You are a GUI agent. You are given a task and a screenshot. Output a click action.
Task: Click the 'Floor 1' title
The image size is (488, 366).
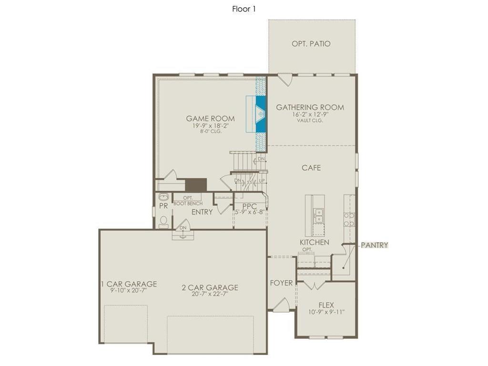click(244, 9)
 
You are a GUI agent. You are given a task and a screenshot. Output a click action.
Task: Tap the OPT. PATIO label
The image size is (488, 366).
click(311, 44)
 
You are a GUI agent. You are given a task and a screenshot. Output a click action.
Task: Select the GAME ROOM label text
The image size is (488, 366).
click(210, 119)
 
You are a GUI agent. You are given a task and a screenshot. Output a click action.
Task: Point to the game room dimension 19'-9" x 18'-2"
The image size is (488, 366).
click(210, 126)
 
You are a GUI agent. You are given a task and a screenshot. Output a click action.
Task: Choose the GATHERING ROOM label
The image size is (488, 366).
click(310, 107)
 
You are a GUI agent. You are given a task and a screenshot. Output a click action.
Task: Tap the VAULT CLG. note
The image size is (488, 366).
click(310, 121)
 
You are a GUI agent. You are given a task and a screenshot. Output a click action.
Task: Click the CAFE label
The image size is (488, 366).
click(311, 168)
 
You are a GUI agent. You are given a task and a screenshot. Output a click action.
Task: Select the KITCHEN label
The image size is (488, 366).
click(314, 242)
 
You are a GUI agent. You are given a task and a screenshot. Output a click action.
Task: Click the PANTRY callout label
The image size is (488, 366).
click(374, 245)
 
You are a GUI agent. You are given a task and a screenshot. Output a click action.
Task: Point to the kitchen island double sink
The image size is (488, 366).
click(317, 215)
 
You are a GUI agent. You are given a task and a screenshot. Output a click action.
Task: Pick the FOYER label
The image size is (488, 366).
click(281, 283)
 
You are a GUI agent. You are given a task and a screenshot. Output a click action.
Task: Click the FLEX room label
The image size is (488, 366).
click(326, 305)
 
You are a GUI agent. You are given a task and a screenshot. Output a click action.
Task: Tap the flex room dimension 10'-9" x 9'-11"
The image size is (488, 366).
click(326, 312)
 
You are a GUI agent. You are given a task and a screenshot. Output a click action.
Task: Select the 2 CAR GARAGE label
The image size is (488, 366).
click(210, 287)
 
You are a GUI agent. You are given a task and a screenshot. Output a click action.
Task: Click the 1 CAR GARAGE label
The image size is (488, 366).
click(129, 284)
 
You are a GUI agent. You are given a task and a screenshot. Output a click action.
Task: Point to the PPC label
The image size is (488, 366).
click(250, 206)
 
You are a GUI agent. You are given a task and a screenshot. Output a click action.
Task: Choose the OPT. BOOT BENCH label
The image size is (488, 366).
click(188, 201)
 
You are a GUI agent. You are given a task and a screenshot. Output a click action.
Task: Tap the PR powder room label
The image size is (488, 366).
click(163, 206)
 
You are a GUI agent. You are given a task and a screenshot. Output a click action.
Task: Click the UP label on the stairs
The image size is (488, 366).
click(262, 181)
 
